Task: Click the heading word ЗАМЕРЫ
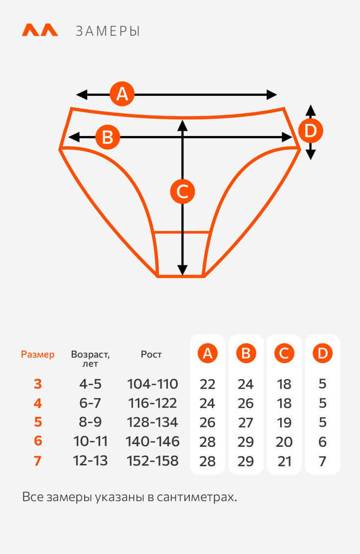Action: [x=108, y=31]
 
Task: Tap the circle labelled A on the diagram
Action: [x=122, y=93]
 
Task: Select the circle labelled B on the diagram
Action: [x=108, y=137]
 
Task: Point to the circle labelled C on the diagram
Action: [x=182, y=191]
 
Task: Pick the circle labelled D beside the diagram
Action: [x=311, y=131]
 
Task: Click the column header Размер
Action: [x=38, y=354]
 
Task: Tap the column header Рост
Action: [x=151, y=354]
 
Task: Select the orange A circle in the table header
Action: [x=207, y=353]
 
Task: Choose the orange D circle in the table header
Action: [x=322, y=353]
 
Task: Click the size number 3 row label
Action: [x=38, y=384]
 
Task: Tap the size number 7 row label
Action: [x=38, y=461]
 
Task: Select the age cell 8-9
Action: [x=90, y=422]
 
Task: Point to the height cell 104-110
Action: [x=152, y=384]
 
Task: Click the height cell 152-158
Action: [x=152, y=461]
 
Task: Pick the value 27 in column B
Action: [x=246, y=422]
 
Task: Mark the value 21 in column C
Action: [x=284, y=461]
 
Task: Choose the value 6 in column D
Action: [x=322, y=442]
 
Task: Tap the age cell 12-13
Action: [x=90, y=461]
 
